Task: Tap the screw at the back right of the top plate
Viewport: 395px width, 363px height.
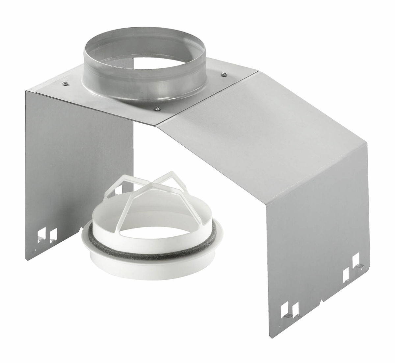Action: click(x=224, y=74)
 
